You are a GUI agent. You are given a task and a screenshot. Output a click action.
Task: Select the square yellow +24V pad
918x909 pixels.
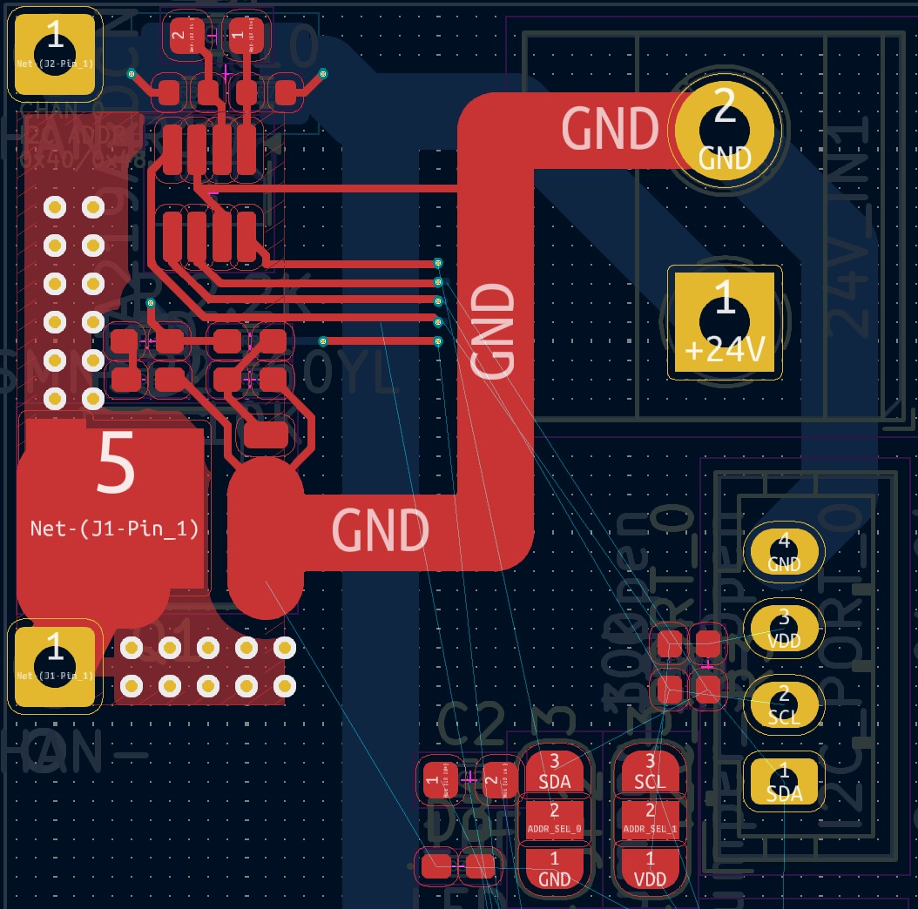725,322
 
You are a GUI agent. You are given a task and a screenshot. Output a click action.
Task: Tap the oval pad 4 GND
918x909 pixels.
784,553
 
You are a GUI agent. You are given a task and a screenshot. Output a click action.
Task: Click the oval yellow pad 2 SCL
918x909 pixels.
784,705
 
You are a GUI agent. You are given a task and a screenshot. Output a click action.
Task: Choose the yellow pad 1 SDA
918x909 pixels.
784,782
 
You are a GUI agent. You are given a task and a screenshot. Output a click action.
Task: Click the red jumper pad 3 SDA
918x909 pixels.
555,771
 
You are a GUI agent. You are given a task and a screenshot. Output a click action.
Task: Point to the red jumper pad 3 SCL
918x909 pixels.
650,771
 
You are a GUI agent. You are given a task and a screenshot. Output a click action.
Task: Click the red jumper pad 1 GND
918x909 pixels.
555,869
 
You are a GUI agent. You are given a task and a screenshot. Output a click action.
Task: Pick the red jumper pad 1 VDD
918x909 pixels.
650,869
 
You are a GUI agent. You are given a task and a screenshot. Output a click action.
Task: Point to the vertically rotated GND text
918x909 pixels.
493,331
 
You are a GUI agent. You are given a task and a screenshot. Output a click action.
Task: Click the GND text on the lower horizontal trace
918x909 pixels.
381,530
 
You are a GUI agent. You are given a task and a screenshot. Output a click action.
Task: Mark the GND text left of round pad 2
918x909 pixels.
609,129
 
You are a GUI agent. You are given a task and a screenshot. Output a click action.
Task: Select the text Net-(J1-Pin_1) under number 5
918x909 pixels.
115,529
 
